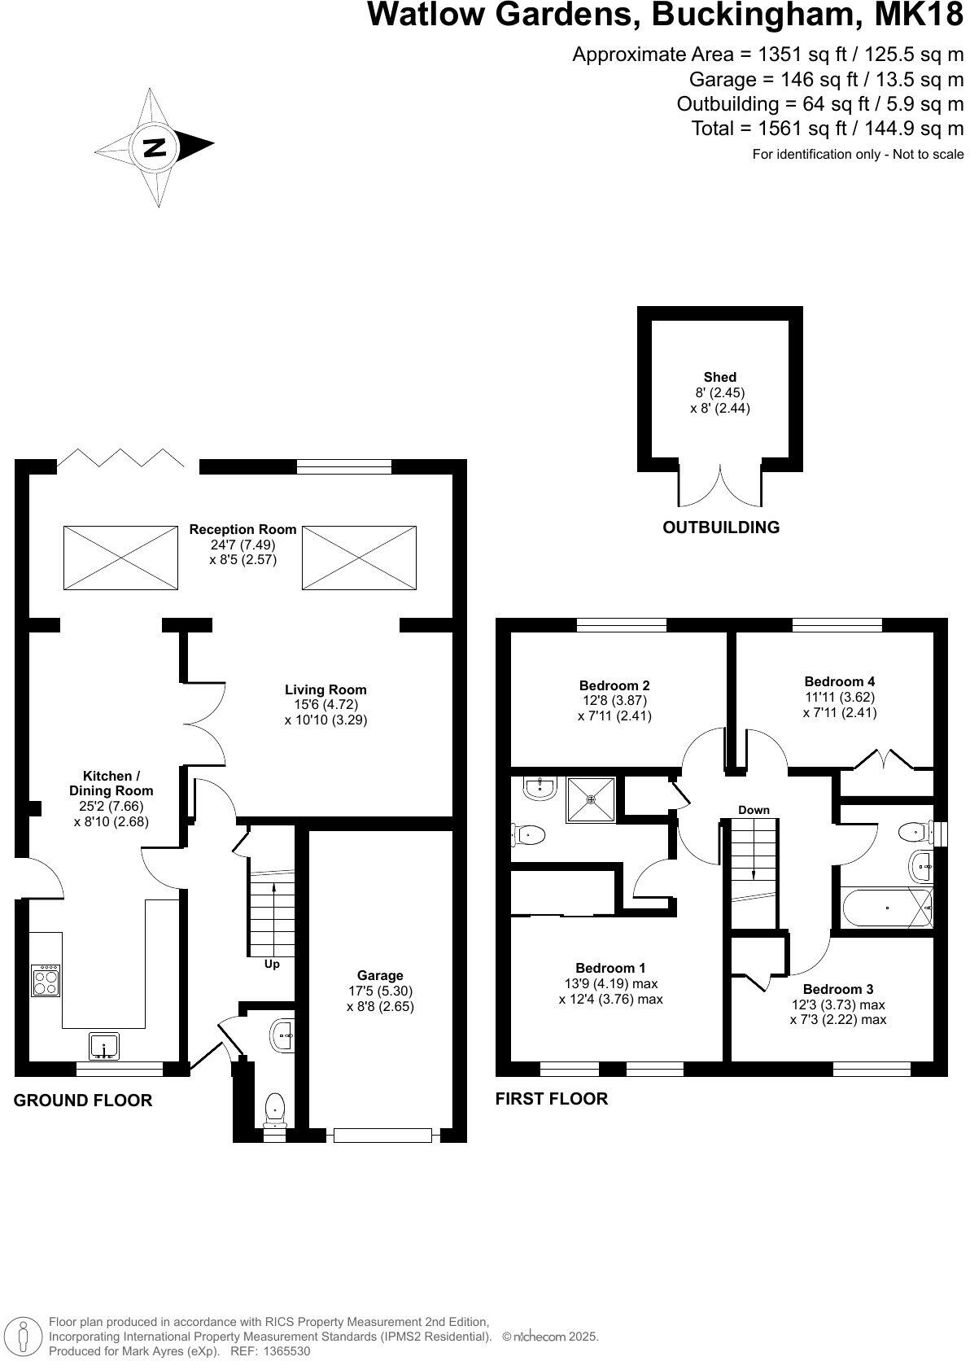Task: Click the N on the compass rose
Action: click(154, 147)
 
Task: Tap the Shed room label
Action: click(719, 377)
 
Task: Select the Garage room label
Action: click(380, 975)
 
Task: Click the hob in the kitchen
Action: click(46, 980)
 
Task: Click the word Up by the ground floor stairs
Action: click(272, 964)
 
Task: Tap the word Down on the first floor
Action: click(754, 810)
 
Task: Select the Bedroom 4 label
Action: click(839, 681)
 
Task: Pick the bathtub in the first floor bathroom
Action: click(886, 907)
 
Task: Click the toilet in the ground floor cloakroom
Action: click(275, 1109)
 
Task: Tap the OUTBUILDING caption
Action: click(721, 527)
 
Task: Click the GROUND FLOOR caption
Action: click(83, 1101)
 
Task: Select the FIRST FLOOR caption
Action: click(552, 1099)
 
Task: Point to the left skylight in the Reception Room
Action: click(120, 558)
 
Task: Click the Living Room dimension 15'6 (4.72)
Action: click(326, 705)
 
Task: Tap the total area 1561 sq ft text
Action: click(827, 129)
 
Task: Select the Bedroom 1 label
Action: click(610, 968)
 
